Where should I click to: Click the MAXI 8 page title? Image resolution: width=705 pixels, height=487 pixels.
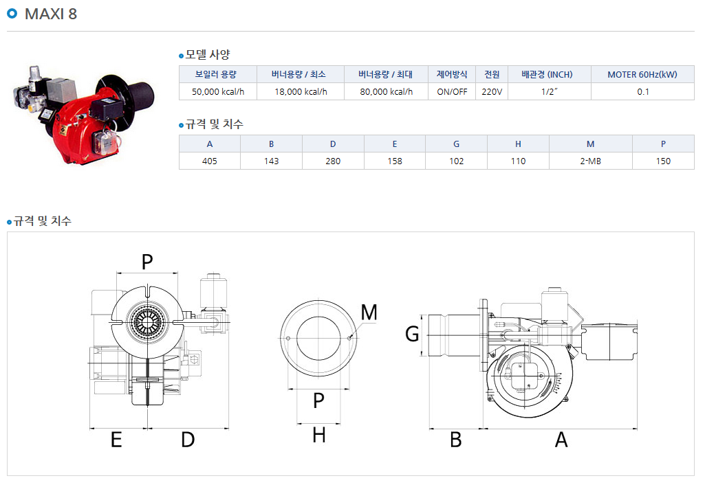point(51,14)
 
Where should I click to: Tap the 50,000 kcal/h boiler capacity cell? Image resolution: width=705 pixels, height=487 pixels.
point(218,91)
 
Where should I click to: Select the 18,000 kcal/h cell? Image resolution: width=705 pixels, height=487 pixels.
point(301,91)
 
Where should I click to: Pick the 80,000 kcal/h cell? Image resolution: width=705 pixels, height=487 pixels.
point(387,91)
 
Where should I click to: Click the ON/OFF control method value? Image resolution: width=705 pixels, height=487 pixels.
point(452,91)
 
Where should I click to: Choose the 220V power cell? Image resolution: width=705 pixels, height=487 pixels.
point(492,91)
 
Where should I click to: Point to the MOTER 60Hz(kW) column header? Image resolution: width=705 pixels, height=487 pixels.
point(642,74)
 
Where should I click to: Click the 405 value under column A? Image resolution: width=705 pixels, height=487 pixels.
point(210,161)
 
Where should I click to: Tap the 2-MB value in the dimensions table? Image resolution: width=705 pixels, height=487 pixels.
point(590,161)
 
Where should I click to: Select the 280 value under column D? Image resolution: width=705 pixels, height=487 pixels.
point(333,161)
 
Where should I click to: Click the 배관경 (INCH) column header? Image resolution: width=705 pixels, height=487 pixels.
point(547,74)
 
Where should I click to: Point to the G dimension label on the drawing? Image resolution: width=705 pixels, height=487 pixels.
point(412,334)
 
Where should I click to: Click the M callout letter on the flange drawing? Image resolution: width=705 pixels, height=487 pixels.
point(369,313)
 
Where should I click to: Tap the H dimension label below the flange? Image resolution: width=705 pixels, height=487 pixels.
point(318,435)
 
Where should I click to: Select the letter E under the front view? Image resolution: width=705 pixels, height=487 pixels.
point(116,440)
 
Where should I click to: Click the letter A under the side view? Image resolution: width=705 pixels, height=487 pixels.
point(561,440)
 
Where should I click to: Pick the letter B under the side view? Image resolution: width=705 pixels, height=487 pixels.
point(456,440)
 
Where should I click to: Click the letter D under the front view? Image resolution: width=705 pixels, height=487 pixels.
point(188,440)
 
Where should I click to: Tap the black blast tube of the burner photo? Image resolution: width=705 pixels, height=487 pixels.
point(140,96)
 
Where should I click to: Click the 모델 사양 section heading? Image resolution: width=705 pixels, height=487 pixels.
point(207,55)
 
